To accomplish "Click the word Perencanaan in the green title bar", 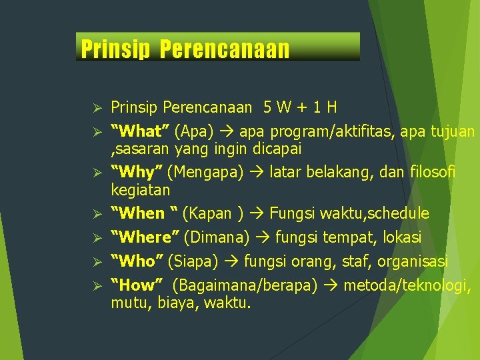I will point(225,49).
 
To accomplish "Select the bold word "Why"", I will point(137,173).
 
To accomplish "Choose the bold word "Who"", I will point(137,261).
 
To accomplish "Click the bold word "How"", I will point(137,286).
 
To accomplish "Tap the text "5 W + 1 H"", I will point(300,107).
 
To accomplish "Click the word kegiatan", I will point(140,190).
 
